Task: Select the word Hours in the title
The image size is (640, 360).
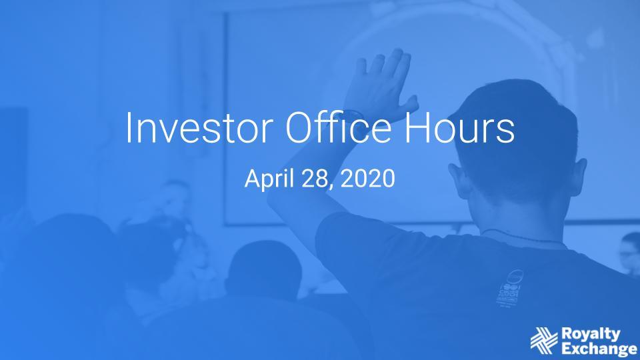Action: pos(459,127)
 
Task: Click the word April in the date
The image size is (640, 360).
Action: pos(269,179)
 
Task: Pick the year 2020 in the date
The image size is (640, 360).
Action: pos(367,179)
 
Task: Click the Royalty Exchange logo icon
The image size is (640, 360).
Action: pos(544,341)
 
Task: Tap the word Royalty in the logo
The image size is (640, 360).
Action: pos(591,334)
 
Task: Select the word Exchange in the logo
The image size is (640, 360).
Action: pos(599,349)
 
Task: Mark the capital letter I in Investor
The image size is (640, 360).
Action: pos(129,127)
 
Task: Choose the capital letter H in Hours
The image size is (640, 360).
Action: pos(416,127)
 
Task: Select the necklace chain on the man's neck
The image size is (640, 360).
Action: pos(523,237)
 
